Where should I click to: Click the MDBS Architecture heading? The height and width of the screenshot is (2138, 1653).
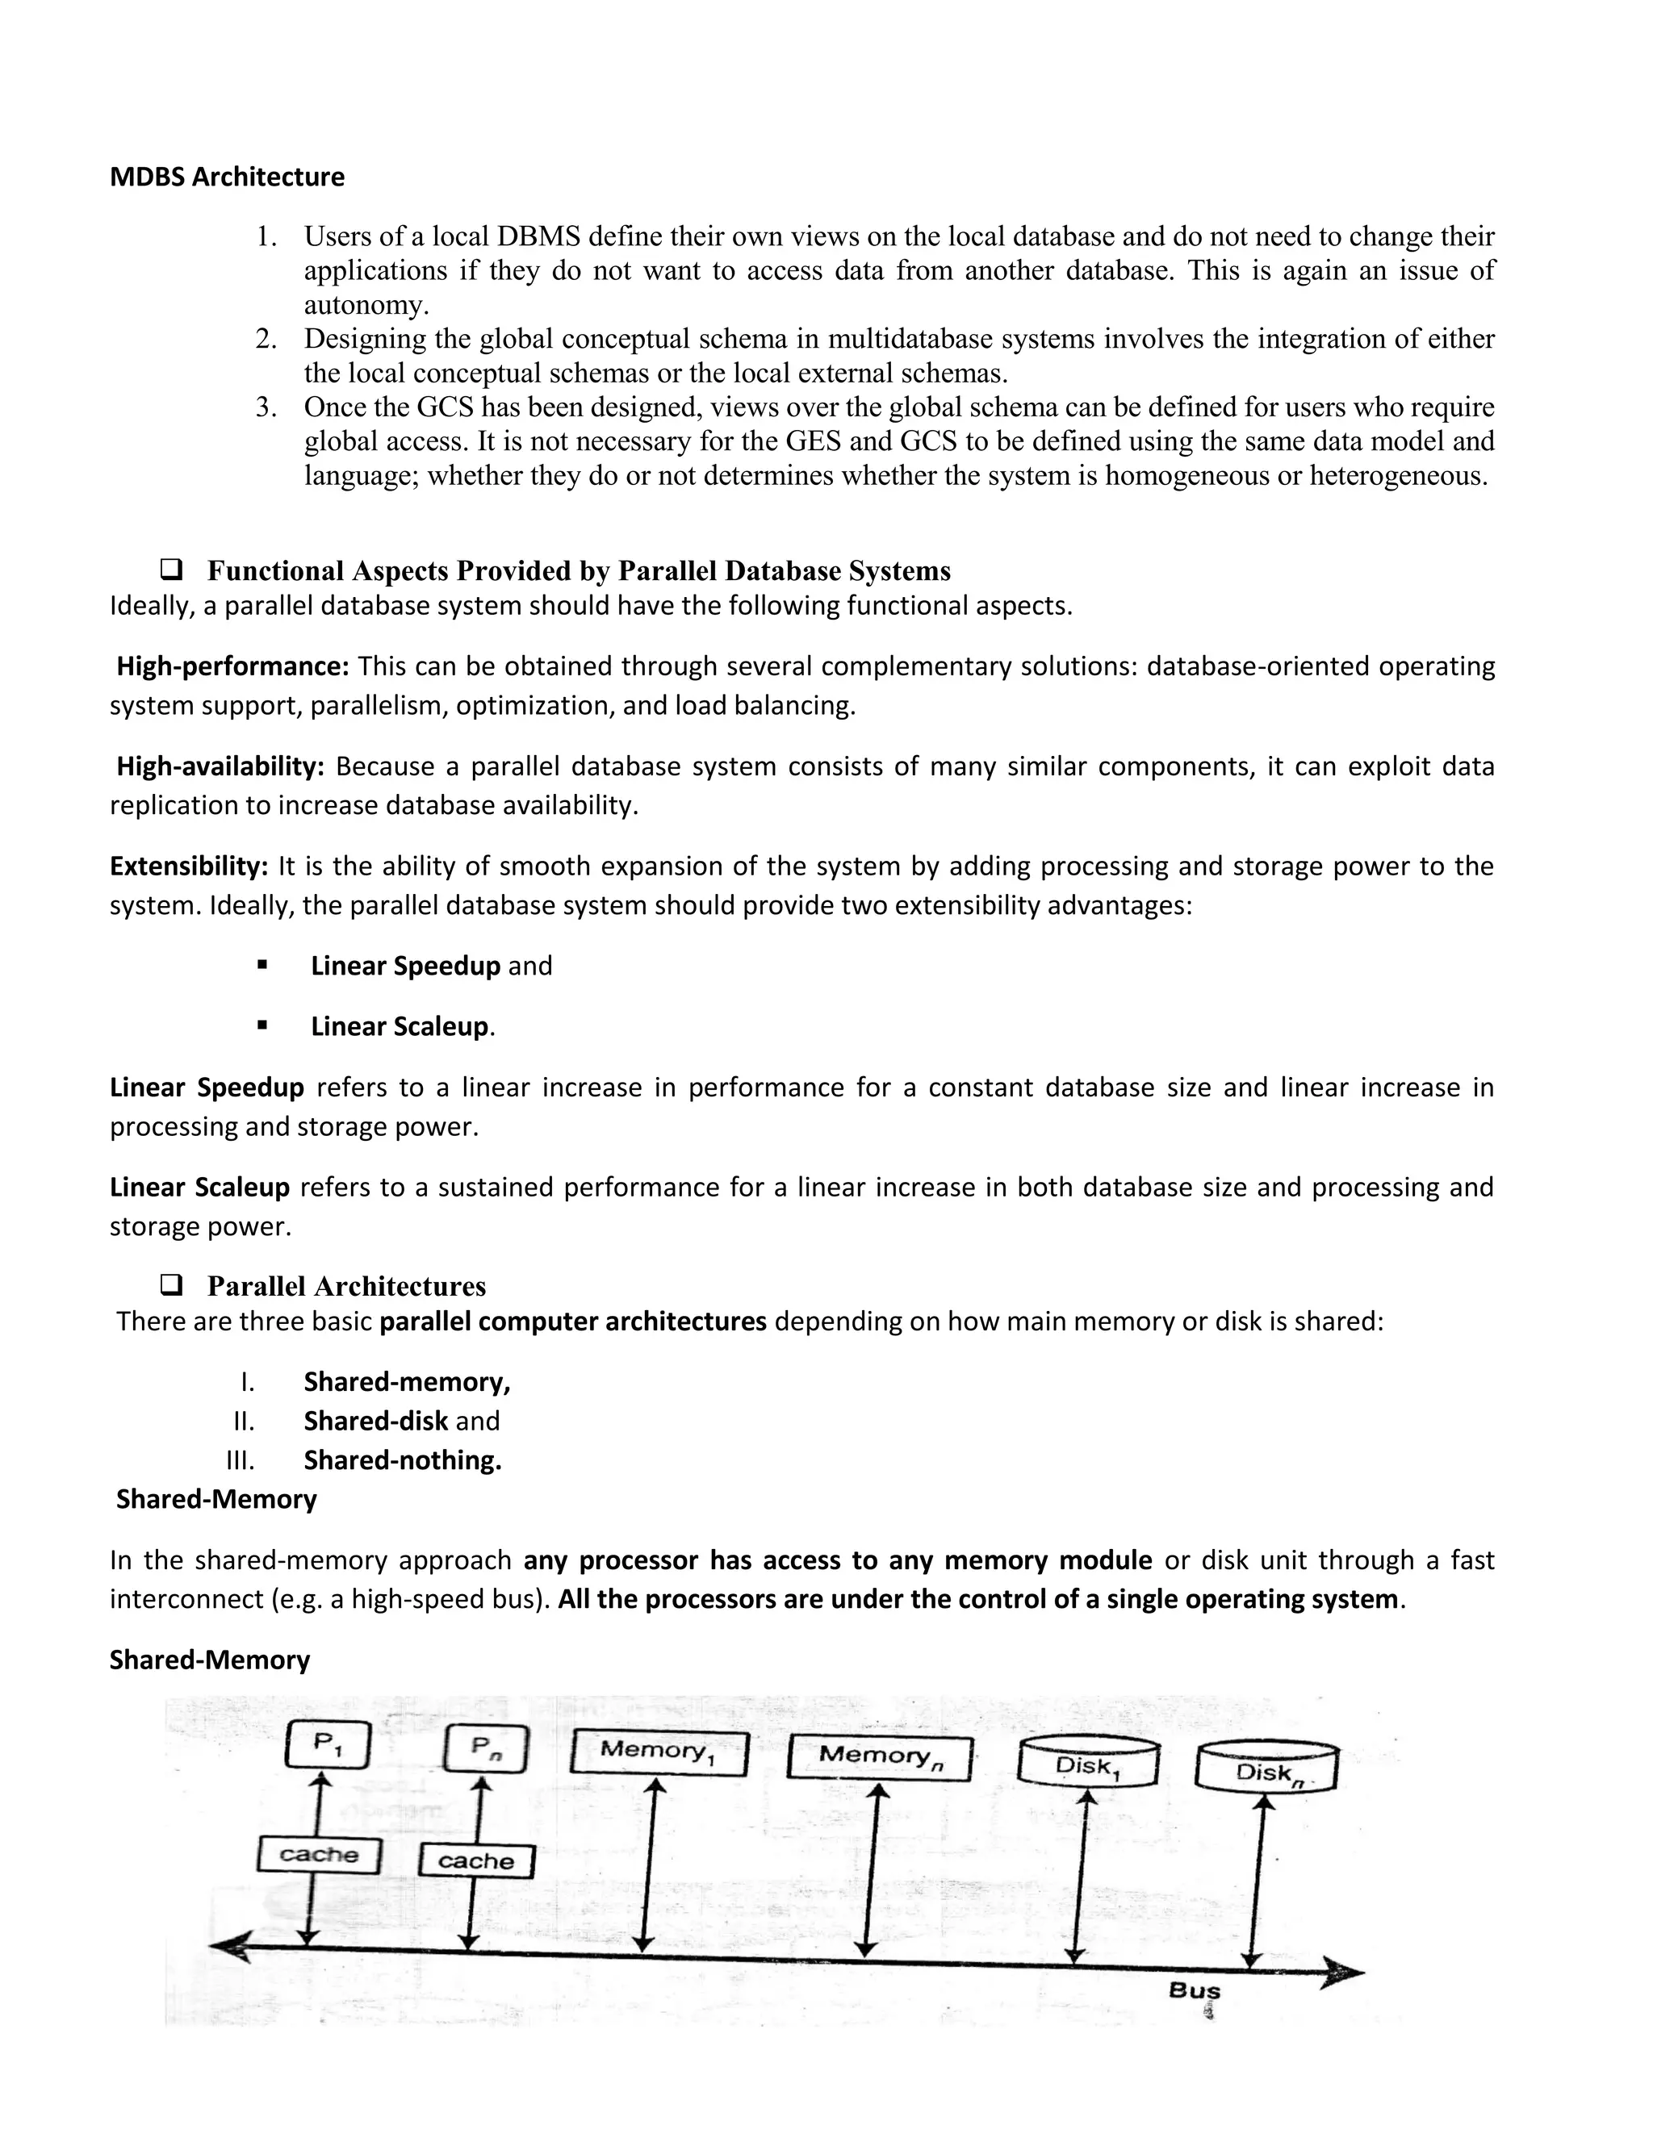(226, 177)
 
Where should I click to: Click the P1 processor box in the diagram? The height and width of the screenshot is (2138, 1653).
(327, 1744)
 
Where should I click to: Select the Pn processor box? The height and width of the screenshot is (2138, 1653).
(486, 1748)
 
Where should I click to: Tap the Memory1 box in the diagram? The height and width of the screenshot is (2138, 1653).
(658, 1752)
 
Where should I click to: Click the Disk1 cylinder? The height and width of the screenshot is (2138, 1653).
(1088, 1762)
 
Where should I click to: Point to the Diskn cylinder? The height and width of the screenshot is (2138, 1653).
(1267, 1768)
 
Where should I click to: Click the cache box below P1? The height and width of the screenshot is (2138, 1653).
(318, 1854)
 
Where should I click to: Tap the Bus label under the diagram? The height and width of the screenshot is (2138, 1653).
(1195, 1990)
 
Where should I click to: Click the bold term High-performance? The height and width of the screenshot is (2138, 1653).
(233, 666)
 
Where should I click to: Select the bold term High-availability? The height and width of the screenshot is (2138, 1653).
(220, 766)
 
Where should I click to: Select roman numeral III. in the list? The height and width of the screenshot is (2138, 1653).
(240, 1460)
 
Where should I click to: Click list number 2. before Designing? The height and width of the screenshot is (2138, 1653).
(266, 340)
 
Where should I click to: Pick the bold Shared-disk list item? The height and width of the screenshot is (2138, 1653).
(376, 1422)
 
